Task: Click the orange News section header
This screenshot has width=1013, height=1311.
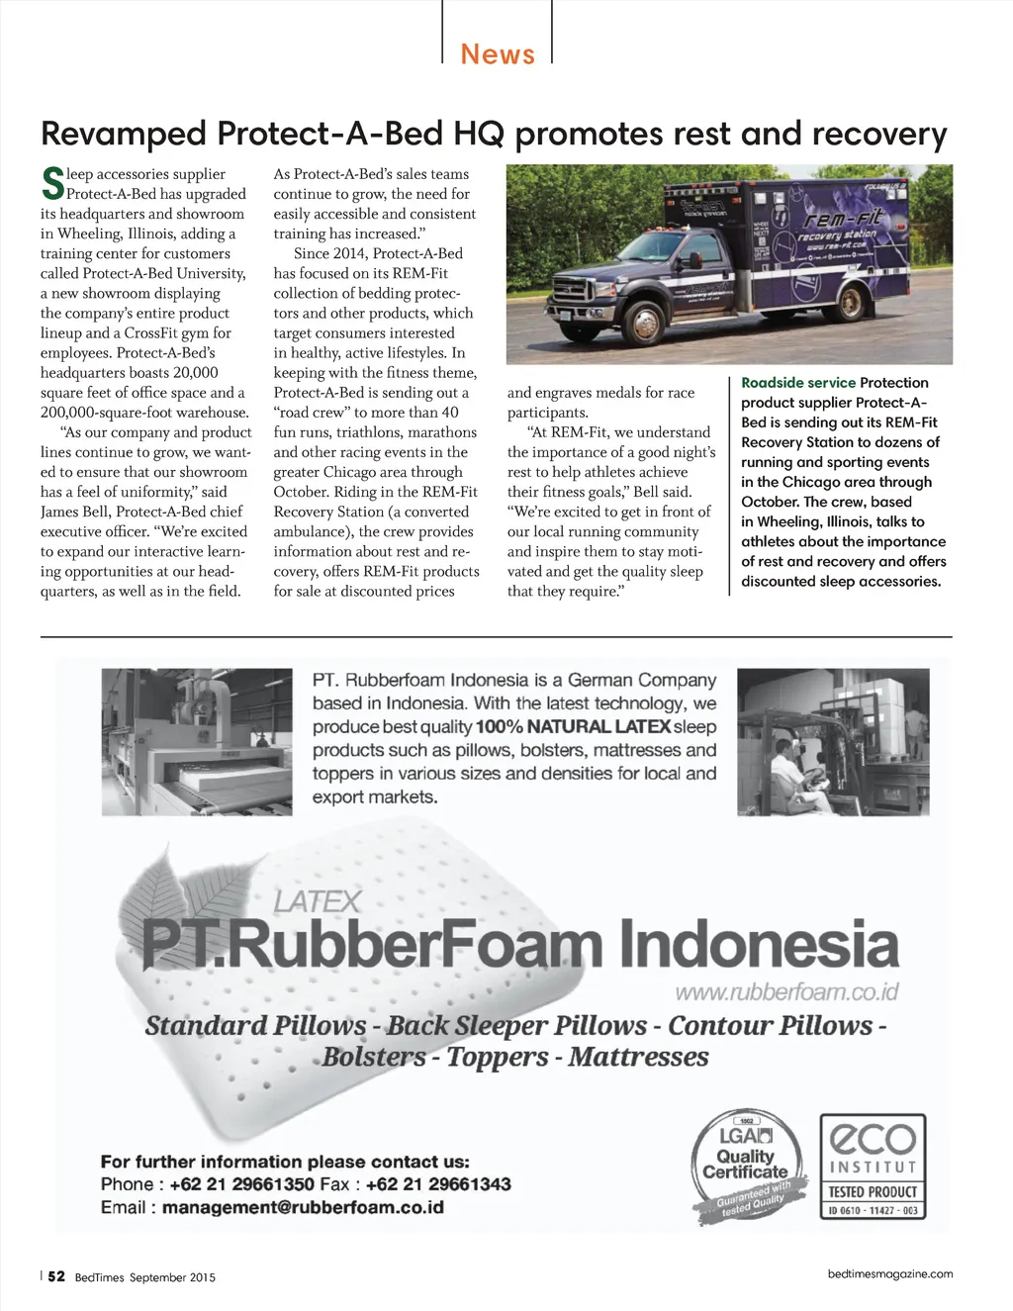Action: tap(498, 53)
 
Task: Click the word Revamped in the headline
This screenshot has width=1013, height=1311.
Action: tap(124, 133)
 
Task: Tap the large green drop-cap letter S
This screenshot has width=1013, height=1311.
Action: tap(52, 183)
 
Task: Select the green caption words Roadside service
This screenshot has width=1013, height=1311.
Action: tap(798, 383)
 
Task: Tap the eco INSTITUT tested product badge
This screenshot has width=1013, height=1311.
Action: tap(873, 1167)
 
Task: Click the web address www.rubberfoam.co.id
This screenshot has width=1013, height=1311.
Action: tap(786, 991)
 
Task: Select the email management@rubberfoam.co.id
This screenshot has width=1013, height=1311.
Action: tap(303, 1207)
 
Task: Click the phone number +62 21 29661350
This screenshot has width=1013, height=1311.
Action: tap(241, 1184)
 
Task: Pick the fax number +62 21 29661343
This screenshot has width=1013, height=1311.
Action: tap(438, 1184)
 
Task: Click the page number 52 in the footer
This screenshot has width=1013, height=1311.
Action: tap(56, 1276)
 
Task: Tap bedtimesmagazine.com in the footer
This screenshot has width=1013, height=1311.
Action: tap(890, 1273)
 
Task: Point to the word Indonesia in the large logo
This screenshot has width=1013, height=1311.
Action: tap(759, 944)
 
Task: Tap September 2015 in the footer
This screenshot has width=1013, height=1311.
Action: tap(172, 1277)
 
